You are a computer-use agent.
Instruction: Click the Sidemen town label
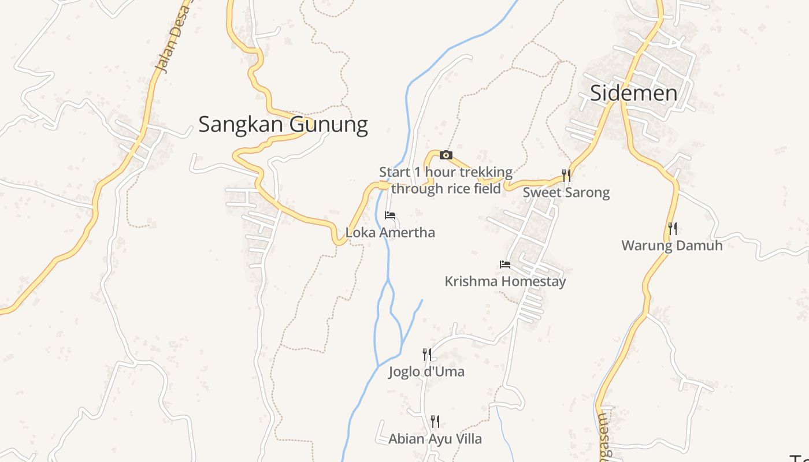[633, 93]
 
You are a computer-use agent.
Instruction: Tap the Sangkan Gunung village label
[283, 124]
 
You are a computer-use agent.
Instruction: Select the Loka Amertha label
[390, 233]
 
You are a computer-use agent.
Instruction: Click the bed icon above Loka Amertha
[390, 216]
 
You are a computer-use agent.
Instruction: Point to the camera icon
[446, 155]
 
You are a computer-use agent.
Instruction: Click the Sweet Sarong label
[566, 192]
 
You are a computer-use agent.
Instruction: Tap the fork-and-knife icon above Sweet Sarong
[566, 175]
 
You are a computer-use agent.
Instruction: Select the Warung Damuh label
[672, 245]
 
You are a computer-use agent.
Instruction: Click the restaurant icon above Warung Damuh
[672, 229]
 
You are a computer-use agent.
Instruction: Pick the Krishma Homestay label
[505, 281]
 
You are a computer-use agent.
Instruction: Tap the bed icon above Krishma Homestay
[505, 264]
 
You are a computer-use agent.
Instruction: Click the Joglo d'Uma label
[426, 371]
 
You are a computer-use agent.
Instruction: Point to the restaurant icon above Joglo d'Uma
[426, 354]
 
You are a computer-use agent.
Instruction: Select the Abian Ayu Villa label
[435, 439]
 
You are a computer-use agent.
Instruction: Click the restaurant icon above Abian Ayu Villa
[435, 422]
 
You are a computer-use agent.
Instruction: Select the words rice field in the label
[473, 188]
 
